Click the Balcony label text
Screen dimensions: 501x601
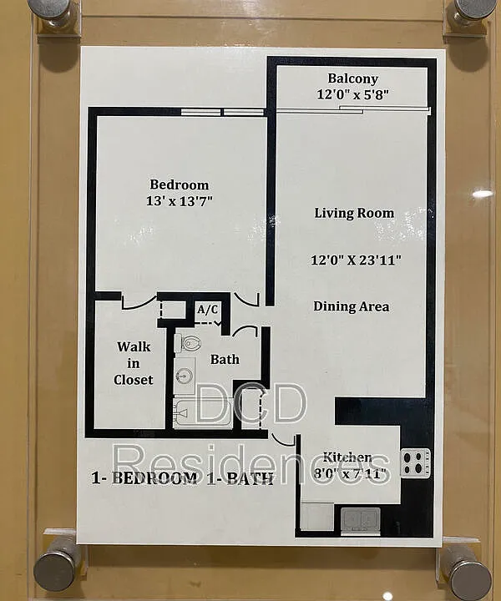[x=352, y=78]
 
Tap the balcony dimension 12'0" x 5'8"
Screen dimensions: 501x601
[x=352, y=94]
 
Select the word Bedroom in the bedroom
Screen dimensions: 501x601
[x=179, y=184]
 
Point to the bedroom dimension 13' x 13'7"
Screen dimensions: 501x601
[x=179, y=201]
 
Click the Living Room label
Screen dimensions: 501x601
[x=354, y=213]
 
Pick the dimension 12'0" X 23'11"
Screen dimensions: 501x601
[x=356, y=260]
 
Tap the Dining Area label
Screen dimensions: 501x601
[x=352, y=306]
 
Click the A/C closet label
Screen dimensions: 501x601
[x=207, y=310]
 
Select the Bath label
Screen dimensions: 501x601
[x=225, y=360]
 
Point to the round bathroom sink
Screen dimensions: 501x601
[x=185, y=375]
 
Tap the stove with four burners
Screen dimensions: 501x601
[x=416, y=462]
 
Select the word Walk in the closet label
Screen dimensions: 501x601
[x=134, y=347]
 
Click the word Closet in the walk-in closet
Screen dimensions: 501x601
[x=133, y=380]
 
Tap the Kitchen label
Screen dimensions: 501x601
[x=347, y=457]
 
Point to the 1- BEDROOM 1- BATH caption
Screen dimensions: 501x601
[x=182, y=478]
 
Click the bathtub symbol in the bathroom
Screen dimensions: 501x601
[x=203, y=413]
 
